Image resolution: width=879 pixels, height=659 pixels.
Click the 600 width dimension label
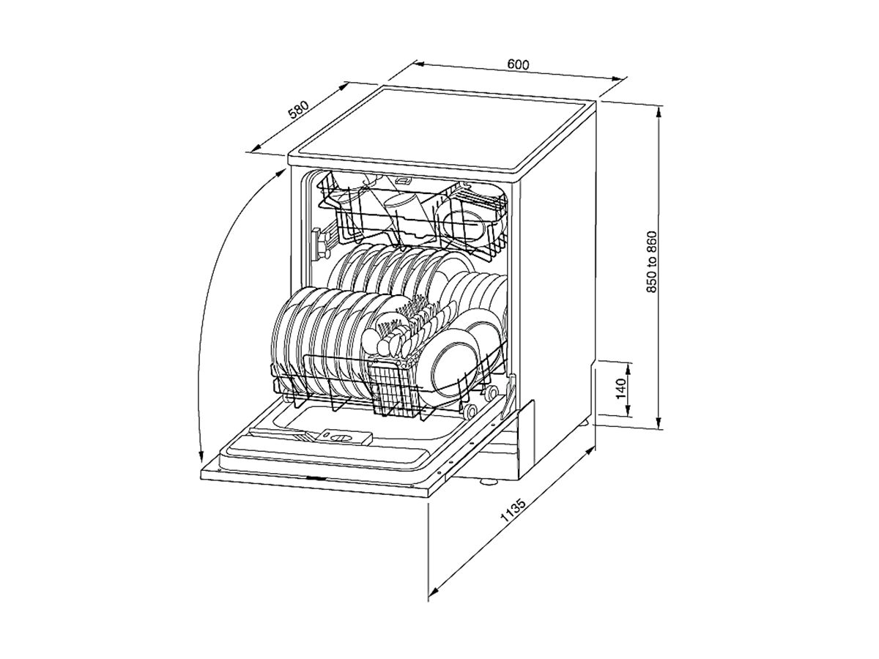click(518, 64)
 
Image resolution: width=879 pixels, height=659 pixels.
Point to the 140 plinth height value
click(620, 388)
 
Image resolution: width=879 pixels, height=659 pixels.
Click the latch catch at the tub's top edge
click(403, 181)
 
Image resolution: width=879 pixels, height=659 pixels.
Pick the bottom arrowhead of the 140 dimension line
click(628, 412)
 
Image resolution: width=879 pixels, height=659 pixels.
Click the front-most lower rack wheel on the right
click(470, 411)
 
